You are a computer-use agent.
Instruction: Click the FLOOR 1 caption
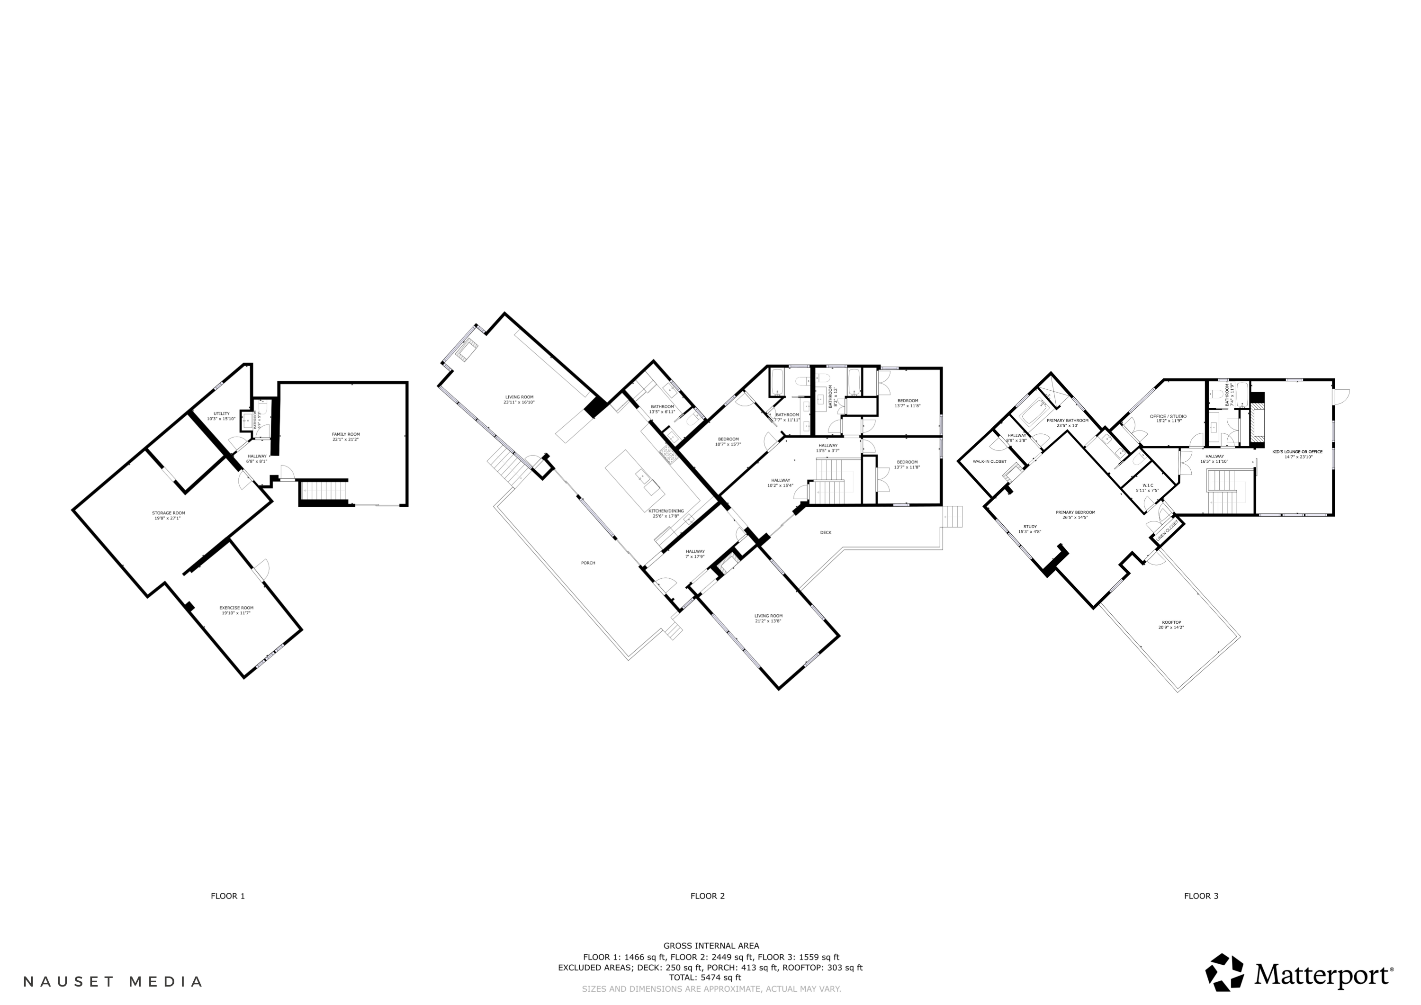point(228,896)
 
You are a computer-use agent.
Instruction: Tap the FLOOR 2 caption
point(707,896)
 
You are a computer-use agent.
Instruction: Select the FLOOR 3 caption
point(1201,896)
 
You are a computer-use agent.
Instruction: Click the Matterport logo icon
point(1224,972)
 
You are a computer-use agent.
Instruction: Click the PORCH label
point(588,563)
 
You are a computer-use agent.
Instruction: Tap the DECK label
point(826,532)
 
